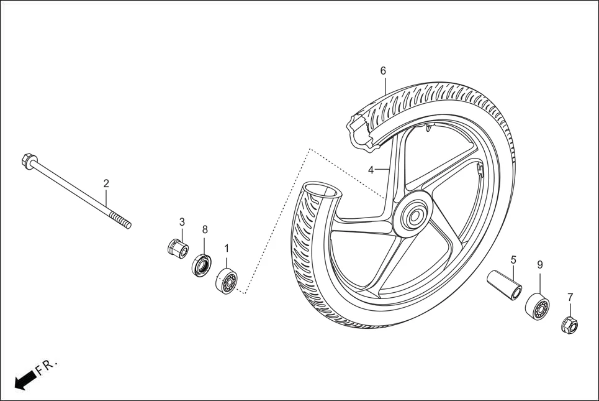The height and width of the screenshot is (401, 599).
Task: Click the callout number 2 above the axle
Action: pos(106,183)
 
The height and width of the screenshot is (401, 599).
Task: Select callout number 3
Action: pos(182,222)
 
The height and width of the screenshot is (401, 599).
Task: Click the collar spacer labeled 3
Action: pos(177,248)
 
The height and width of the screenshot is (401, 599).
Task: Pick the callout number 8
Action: pos(205,229)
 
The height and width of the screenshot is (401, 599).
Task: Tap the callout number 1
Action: pos(227,248)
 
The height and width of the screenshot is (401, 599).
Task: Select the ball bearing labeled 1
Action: pos(227,282)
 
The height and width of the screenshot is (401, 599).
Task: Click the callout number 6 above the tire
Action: pos(383,71)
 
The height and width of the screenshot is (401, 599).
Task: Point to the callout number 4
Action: pos(371,170)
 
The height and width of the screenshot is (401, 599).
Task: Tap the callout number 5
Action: pos(513,259)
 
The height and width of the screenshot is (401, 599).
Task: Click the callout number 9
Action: pos(539,264)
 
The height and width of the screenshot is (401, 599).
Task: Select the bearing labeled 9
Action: pos(537,307)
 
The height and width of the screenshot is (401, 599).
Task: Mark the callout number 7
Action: pos(570,297)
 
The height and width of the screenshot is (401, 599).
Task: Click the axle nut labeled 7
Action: pos(569,324)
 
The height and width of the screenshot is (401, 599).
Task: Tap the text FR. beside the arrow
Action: pos(47,366)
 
